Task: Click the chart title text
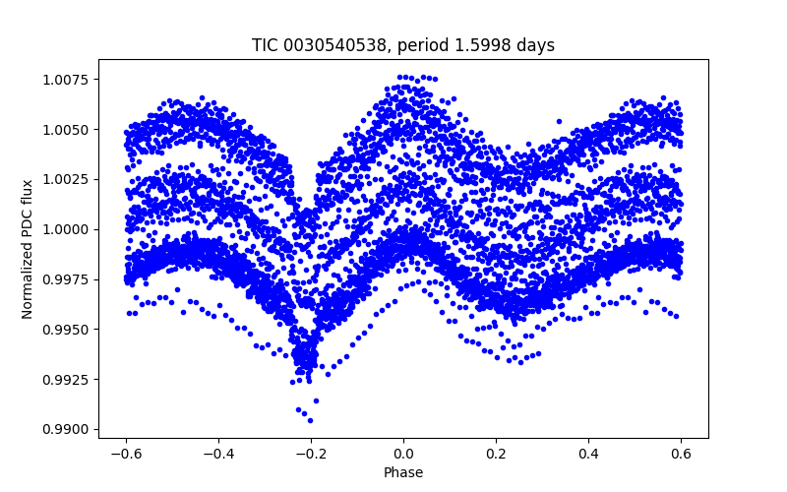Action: [x=403, y=45]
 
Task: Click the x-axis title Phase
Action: [x=403, y=472]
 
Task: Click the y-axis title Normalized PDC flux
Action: [x=28, y=248]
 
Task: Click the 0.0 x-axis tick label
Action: [x=403, y=454]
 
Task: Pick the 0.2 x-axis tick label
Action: [x=496, y=454]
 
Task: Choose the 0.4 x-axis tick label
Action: [x=589, y=454]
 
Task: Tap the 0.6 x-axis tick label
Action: [x=682, y=454]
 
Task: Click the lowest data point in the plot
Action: [x=310, y=420]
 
